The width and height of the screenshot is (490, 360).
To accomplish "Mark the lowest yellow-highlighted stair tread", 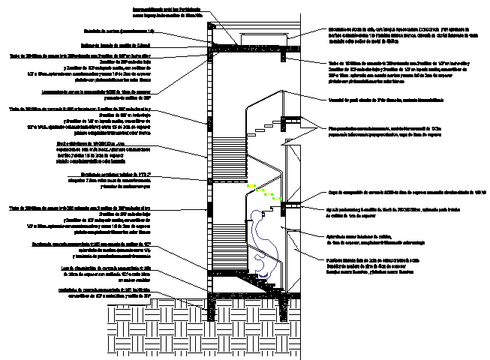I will (x=278, y=199).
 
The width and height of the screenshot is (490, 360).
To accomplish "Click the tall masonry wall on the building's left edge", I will (x=208, y=165).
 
